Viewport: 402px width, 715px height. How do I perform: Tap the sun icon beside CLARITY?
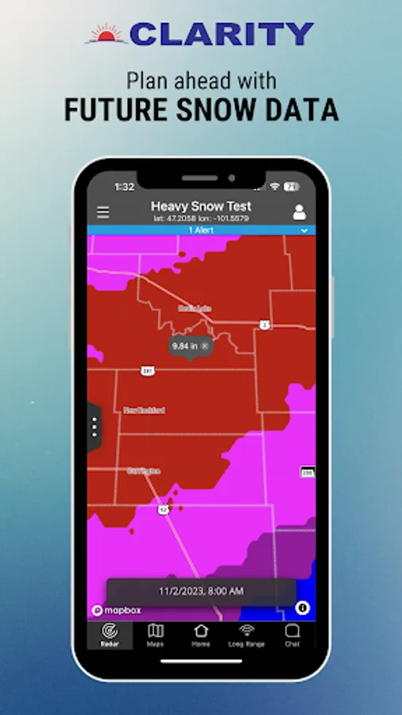tap(106, 33)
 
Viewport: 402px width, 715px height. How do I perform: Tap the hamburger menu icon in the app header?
tap(103, 212)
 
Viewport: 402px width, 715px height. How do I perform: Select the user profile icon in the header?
tap(300, 212)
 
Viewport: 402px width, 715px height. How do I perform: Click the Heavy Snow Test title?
tap(201, 207)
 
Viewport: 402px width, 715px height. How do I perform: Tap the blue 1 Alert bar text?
tap(200, 230)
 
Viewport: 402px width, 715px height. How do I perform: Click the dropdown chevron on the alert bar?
tap(304, 230)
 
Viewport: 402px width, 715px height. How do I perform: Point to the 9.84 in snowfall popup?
tap(190, 346)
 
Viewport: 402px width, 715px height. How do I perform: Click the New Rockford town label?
tap(144, 410)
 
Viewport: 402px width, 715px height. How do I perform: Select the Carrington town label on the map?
tap(143, 471)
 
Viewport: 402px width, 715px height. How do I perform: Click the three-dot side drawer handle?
tap(95, 427)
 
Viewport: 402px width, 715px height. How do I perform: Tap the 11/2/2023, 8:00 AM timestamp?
tap(201, 591)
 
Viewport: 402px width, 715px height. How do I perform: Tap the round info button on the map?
tap(302, 608)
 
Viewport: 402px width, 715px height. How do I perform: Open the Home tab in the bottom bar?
tap(200, 635)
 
